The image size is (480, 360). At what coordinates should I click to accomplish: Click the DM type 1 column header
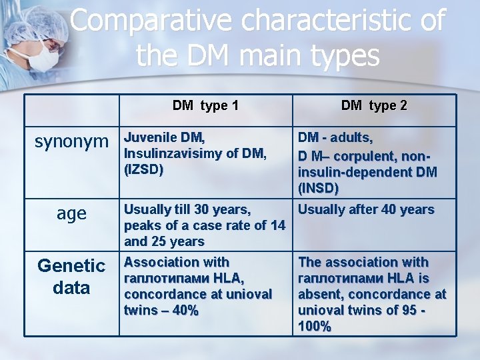pos(205,105)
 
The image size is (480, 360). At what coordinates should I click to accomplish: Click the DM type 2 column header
pos(373,105)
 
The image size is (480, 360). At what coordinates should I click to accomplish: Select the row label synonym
pos(71,141)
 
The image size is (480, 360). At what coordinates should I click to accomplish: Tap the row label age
pos(71,213)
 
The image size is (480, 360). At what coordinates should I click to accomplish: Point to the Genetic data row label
pos(71,277)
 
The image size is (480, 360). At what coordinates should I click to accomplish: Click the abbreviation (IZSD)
pos(144,170)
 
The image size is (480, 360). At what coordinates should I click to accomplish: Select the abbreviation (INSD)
pos(319,189)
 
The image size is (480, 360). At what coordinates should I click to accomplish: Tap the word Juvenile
pos(151,137)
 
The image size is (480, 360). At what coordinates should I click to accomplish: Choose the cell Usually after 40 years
pos(366,210)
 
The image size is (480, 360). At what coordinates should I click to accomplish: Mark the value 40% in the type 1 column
pos(183,311)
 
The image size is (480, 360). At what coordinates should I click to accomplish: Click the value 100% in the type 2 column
pos(315,327)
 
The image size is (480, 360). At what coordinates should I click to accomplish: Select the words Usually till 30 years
pos(187,210)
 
